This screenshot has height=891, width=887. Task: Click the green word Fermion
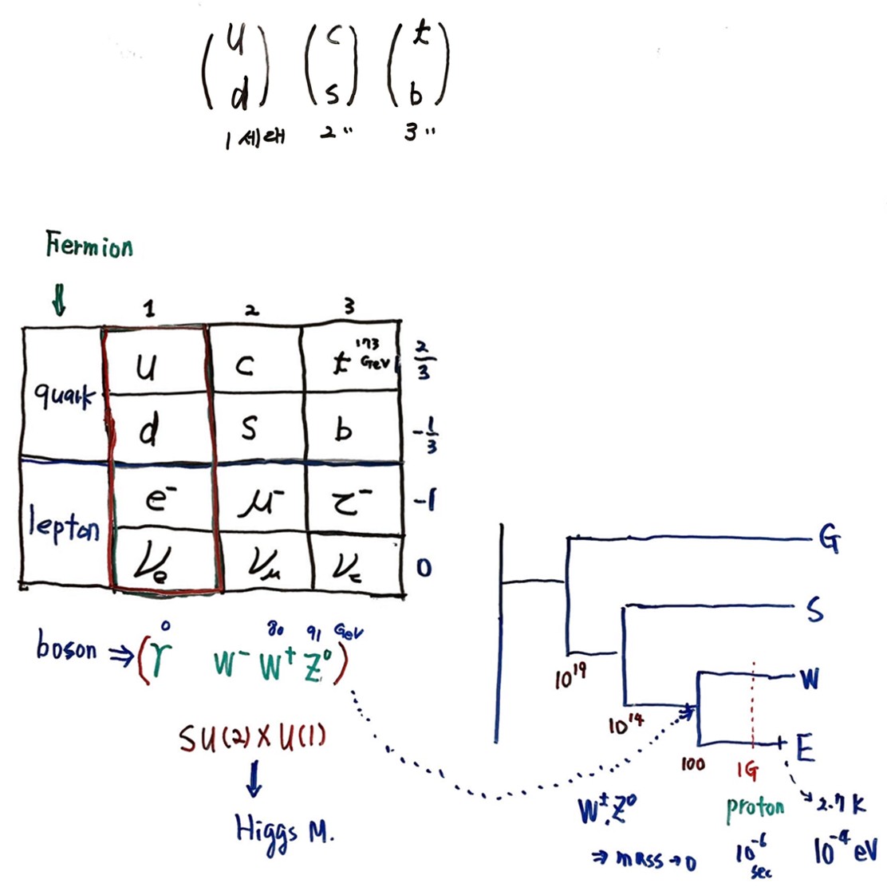(x=89, y=246)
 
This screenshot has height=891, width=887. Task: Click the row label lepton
(x=64, y=526)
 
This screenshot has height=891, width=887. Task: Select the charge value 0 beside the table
(x=424, y=567)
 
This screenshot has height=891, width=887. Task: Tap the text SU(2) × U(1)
(x=252, y=741)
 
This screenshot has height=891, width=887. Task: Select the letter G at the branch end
(x=830, y=542)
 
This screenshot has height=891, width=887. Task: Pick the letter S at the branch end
(x=814, y=610)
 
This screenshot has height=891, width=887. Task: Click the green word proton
(x=755, y=809)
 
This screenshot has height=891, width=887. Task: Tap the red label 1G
(x=748, y=771)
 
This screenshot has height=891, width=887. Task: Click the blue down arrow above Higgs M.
(x=253, y=779)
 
